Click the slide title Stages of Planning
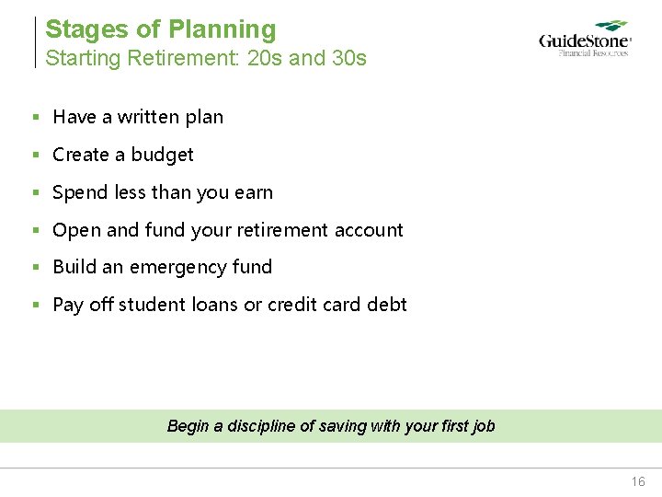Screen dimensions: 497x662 click(160, 29)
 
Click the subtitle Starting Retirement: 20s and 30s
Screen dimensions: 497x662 click(206, 58)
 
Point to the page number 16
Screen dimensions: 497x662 click(638, 481)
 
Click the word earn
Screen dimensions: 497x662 click(254, 192)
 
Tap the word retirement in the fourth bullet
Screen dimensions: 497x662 click(282, 230)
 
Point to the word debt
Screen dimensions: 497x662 click(387, 305)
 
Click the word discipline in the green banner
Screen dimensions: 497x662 click(259, 426)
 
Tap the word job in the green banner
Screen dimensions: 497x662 click(483, 426)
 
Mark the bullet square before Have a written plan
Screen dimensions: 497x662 click(35, 118)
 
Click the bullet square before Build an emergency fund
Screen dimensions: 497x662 click(35, 268)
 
